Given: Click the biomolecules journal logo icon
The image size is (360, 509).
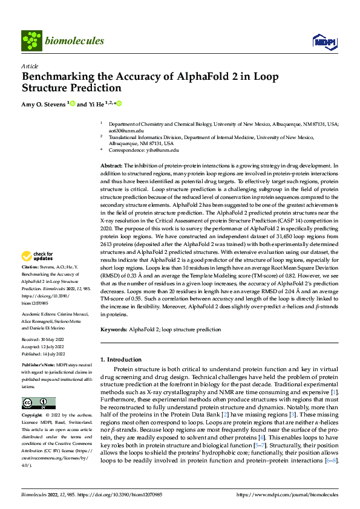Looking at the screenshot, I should pyautogui.click(x=31, y=41).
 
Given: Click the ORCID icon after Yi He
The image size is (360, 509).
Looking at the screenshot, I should pyautogui.click(x=119, y=103).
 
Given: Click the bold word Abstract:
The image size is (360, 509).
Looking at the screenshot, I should pyautogui.click(x=111, y=165).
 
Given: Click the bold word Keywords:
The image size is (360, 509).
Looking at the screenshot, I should pyautogui.click(x=113, y=329).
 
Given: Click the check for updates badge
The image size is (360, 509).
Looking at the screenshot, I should pyautogui.click(x=38, y=256).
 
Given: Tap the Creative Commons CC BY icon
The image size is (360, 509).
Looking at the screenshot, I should pyautogui.click(x=38, y=403).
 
